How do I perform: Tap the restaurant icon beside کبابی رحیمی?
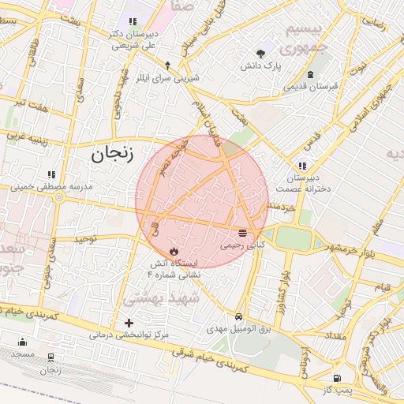(x=241, y=233)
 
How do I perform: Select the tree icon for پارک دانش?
(x=261, y=54)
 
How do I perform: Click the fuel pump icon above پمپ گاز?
(x=337, y=379)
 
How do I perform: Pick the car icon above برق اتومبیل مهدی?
(x=238, y=315)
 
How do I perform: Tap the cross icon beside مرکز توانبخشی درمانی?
(x=129, y=323)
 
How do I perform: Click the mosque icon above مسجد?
(x=22, y=342)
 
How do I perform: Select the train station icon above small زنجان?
(x=50, y=357)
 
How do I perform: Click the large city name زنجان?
(x=113, y=153)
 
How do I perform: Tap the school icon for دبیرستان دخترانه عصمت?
(x=301, y=166)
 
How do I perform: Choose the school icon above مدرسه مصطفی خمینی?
(x=52, y=174)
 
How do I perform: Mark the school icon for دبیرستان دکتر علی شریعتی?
(x=130, y=22)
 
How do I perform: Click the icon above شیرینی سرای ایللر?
(x=167, y=65)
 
